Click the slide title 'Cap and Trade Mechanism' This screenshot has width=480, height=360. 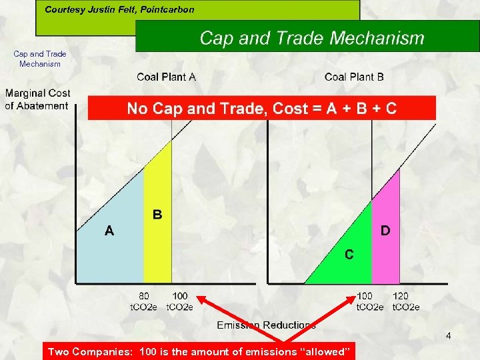(311, 38)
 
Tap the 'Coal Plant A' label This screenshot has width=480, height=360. (166, 77)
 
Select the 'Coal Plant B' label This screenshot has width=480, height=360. (354, 77)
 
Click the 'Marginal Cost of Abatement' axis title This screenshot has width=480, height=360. (37, 99)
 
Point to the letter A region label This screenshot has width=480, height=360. (109, 231)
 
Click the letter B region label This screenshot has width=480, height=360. (157, 215)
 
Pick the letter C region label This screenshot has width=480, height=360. (349, 255)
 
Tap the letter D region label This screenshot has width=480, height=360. (385, 231)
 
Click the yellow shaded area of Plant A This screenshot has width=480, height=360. (159, 247)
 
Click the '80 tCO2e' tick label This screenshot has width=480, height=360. (143, 301)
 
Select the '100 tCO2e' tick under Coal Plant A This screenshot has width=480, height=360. (179, 301)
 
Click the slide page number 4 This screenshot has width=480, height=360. (448, 336)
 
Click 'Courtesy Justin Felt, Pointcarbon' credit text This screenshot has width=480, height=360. (119, 10)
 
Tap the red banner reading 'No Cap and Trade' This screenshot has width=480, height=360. (261, 109)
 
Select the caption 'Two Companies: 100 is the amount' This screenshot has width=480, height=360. (199, 351)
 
